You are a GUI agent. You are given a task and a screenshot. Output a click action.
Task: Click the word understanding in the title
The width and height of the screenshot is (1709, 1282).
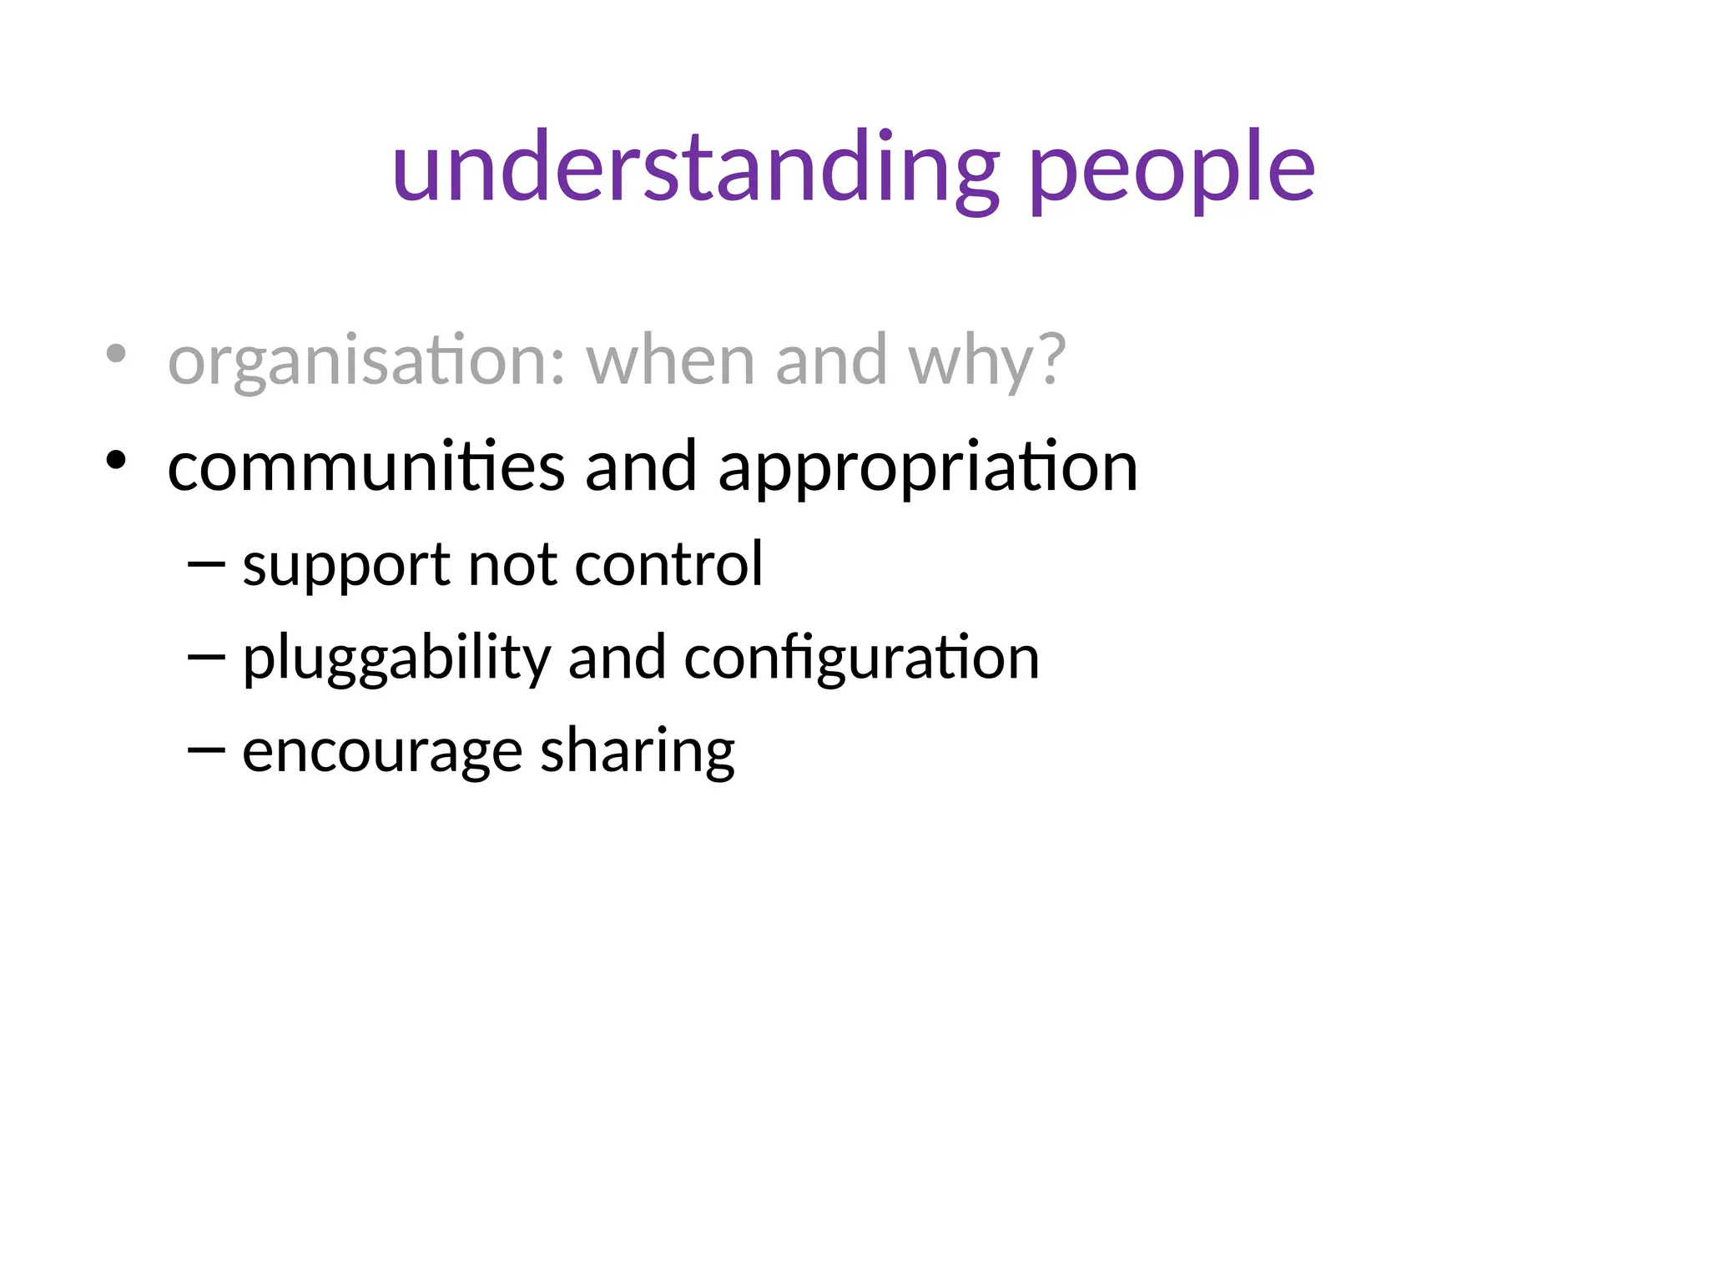(x=695, y=169)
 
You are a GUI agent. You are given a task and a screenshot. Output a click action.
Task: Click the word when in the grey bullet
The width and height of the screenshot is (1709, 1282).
(x=671, y=361)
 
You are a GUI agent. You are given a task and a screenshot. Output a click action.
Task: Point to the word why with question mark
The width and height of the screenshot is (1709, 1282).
(x=987, y=361)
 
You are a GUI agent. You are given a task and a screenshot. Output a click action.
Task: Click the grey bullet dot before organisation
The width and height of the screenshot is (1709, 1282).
(x=116, y=354)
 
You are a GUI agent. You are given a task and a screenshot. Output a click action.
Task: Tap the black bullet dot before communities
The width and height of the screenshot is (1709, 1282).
(x=116, y=460)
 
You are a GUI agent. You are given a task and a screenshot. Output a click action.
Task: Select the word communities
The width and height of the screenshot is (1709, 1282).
(x=366, y=467)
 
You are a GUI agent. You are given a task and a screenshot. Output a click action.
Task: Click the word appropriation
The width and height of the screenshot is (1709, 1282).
(x=928, y=467)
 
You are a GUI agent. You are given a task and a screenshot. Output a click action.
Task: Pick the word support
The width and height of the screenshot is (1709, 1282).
(x=346, y=565)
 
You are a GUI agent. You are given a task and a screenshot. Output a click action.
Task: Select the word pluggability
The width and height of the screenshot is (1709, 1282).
(x=396, y=659)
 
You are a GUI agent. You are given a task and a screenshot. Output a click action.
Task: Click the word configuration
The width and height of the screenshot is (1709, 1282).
(x=862, y=659)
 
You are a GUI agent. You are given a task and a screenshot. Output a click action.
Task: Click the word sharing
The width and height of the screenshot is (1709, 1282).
(x=638, y=751)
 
